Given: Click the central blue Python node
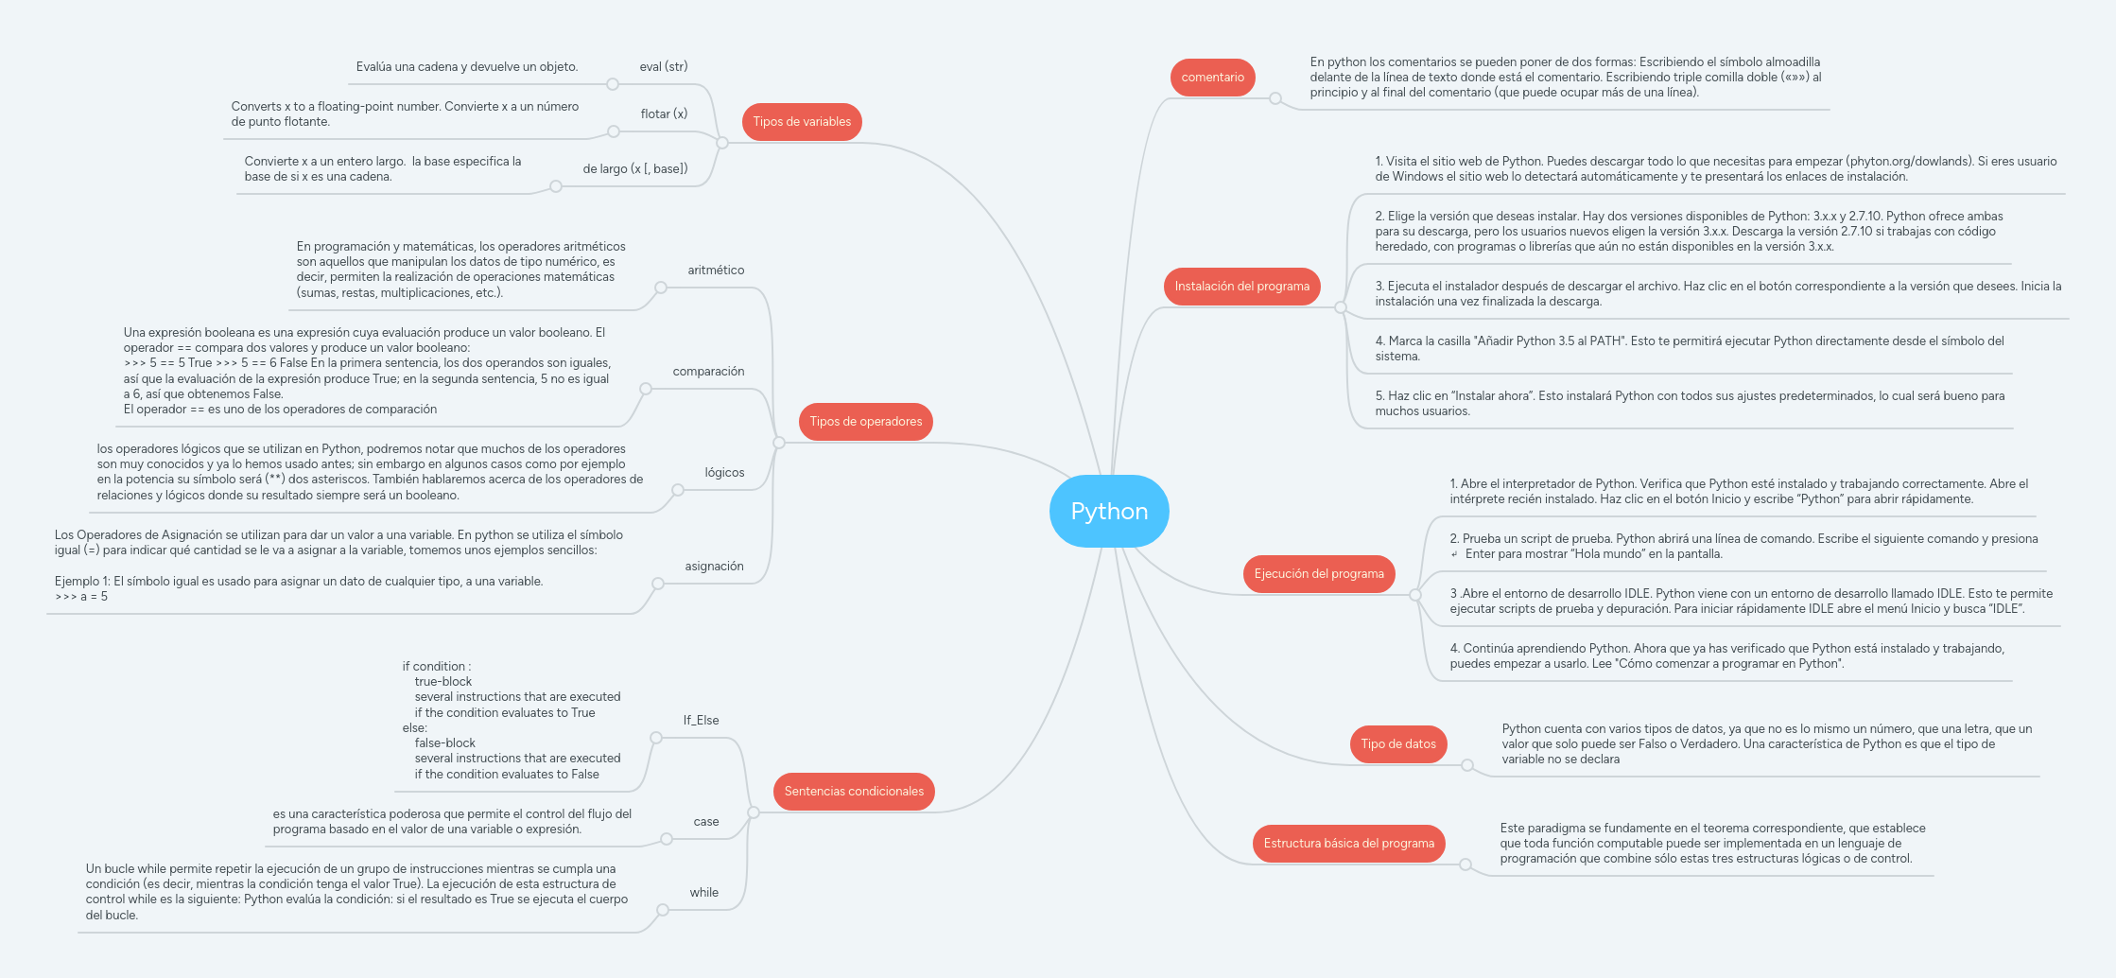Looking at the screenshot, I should pyautogui.click(x=1109, y=511).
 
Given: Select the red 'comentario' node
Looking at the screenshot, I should pyautogui.click(x=1212, y=78).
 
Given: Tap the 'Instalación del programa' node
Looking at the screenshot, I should pyautogui.click(x=1241, y=287).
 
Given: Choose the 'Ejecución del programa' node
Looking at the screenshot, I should pyautogui.click(x=1318, y=574).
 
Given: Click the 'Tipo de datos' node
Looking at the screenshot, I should pyautogui.click(x=1397, y=744).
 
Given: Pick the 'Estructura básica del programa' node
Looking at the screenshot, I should pyautogui.click(x=1348, y=844).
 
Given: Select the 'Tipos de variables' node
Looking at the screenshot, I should pyautogui.click(x=802, y=122).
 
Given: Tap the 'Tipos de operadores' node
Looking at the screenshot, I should pyautogui.click(x=865, y=422).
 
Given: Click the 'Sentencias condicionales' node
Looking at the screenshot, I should pyautogui.click(x=854, y=792).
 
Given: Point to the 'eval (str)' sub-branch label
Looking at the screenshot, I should pyautogui.click(x=663, y=67).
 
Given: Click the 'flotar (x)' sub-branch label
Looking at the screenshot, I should pyautogui.click(x=664, y=114).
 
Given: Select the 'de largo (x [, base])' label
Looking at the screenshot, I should pyautogui.click(x=634, y=169).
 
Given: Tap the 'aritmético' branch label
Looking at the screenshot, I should pyautogui.click(x=716, y=271).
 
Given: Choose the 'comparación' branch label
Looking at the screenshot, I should pyautogui.click(x=708, y=372).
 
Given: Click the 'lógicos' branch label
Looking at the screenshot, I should pyautogui.click(x=724, y=473).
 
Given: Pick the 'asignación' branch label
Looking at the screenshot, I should pyautogui.click(x=714, y=567).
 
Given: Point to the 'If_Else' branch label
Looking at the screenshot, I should pyautogui.click(x=701, y=721).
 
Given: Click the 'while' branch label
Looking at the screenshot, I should pyautogui.click(x=703, y=893).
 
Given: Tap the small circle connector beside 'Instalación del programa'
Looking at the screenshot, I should pyautogui.click(x=1340, y=307).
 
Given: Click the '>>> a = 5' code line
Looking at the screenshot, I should pyautogui.click(x=81, y=597).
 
